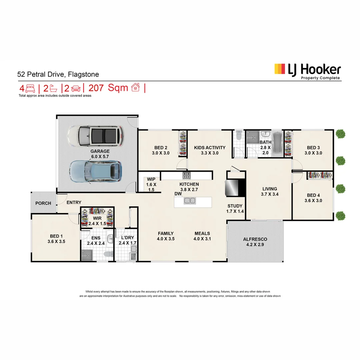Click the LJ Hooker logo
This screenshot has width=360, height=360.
(x=308, y=71)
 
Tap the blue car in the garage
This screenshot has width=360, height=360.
(x=96, y=171)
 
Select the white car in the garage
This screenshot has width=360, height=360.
(x=96, y=136)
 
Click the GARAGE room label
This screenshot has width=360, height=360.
(x=100, y=151)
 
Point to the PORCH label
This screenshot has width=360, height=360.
(x=43, y=203)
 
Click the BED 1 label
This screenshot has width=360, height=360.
(x=56, y=236)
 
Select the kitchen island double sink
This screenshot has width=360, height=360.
(x=190, y=201)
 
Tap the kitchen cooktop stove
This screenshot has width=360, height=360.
(x=187, y=175)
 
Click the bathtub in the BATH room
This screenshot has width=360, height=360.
(x=277, y=144)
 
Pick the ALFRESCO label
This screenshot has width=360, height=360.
(x=255, y=239)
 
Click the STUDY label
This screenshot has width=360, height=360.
(x=235, y=206)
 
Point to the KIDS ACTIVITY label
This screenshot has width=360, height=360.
(x=210, y=148)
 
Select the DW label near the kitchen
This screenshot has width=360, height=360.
(x=178, y=194)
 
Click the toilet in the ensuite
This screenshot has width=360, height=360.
(x=108, y=254)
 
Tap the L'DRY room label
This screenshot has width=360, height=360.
(x=128, y=238)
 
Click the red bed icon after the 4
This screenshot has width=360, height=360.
(x=30, y=88)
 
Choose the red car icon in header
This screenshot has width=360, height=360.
(x=76, y=88)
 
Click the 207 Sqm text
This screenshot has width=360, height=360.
(x=108, y=88)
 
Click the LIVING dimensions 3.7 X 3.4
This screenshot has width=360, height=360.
(x=270, y=194)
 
